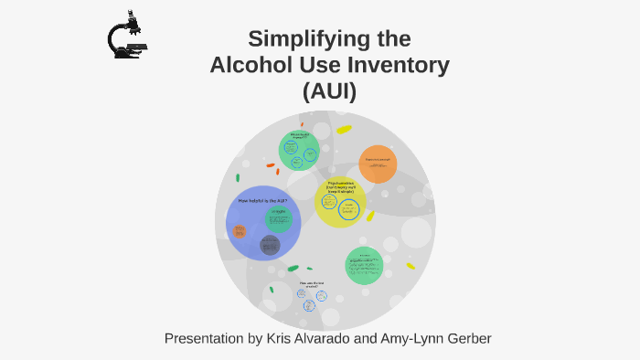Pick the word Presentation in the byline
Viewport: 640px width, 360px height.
(x=205, y=339)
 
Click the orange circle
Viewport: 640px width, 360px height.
(x=378, y=164)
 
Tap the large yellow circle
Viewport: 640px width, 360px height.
(x=340, y=203)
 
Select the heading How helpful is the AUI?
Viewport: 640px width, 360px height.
(x=262, y=200)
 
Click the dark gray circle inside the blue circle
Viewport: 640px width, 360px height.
(x=270, y=245)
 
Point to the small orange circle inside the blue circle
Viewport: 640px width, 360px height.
(x=239, y=231)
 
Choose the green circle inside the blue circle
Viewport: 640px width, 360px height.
(x=278, y=218)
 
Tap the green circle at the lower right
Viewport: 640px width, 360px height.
(x=364, y=265)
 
